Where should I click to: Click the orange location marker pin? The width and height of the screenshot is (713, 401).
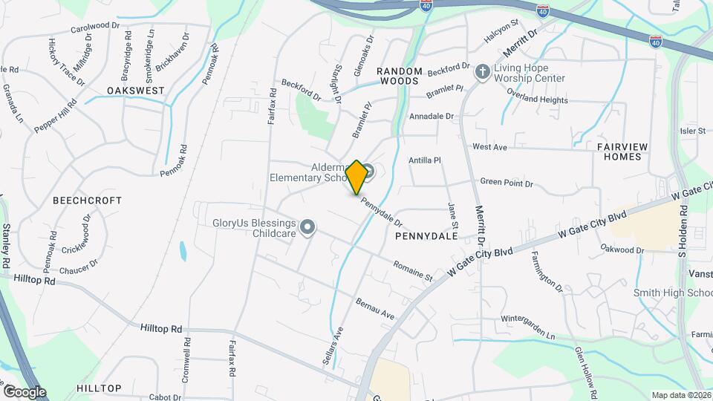[357, 176]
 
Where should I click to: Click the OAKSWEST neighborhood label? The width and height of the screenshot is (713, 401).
[134, 90]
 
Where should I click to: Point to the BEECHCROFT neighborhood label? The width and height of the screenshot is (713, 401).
[87, 200]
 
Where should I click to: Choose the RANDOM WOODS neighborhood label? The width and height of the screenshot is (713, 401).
[399, 76]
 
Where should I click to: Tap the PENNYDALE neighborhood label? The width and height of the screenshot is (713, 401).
[426, 235]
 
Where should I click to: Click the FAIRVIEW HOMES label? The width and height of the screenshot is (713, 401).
[619, 151]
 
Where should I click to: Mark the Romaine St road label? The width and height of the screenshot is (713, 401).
[413, 270]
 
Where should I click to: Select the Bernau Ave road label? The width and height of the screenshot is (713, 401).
[375, 309]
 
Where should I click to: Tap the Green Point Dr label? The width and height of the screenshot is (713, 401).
[507, 183]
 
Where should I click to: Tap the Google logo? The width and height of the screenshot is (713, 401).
[24, 391]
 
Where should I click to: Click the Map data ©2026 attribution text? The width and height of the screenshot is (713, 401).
[680, 395]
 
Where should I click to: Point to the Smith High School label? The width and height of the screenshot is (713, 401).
[672, 293]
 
